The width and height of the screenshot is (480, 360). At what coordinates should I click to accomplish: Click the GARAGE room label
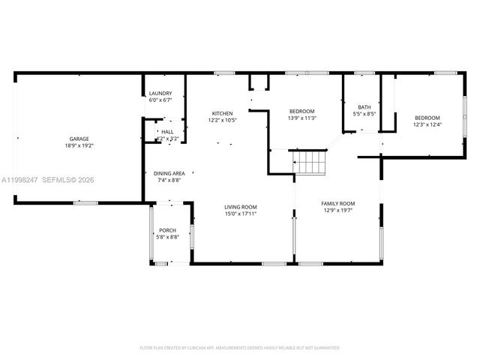pyautogui.click(x=79, y=139)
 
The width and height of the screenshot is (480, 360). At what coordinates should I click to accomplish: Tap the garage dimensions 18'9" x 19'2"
pyautogui.click(x=79, y=146)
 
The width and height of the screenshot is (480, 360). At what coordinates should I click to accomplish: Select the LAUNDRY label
pyautogui.click(x=160, y=93)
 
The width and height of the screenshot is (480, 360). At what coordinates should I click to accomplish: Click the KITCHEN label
pyautogui.click(x=222, y=113)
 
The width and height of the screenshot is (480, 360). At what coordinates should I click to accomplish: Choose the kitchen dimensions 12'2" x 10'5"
pyautogui.click(x=222, y=121)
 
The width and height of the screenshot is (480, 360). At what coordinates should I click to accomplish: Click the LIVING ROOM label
pyautogui.click(x=241, y=207)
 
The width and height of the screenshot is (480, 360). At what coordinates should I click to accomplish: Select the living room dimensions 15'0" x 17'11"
pyautogui.click(x=241, y=214)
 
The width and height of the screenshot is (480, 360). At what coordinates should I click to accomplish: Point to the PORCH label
pyautogui.click(x=167, y=230)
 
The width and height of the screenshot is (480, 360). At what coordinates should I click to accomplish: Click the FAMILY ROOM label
pyautogui.click(x=337, y=203)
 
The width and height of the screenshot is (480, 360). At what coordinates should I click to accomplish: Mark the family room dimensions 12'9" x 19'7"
pyautogui.click(x=337, y=211)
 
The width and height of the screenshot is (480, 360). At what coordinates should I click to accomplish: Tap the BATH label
pyautogui.click(x=364, y=107)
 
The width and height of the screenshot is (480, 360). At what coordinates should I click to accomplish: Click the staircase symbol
pyautogui.click(x=309, y=160)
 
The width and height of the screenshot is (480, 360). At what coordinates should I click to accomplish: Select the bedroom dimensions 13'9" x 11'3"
pyautogui.click(x=302, y=118)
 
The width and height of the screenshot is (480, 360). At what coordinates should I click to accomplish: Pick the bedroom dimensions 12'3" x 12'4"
pyautogui.click(x=427, y=124)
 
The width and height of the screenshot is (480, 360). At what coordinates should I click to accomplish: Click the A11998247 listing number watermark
pyautogui.click(x=19, y=180)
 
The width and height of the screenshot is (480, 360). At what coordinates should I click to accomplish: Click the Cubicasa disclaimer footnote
pyautogui.click(x=240, y=348)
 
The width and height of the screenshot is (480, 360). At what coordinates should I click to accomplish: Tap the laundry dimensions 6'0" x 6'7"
pyautogui.click(x=160, y=100)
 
